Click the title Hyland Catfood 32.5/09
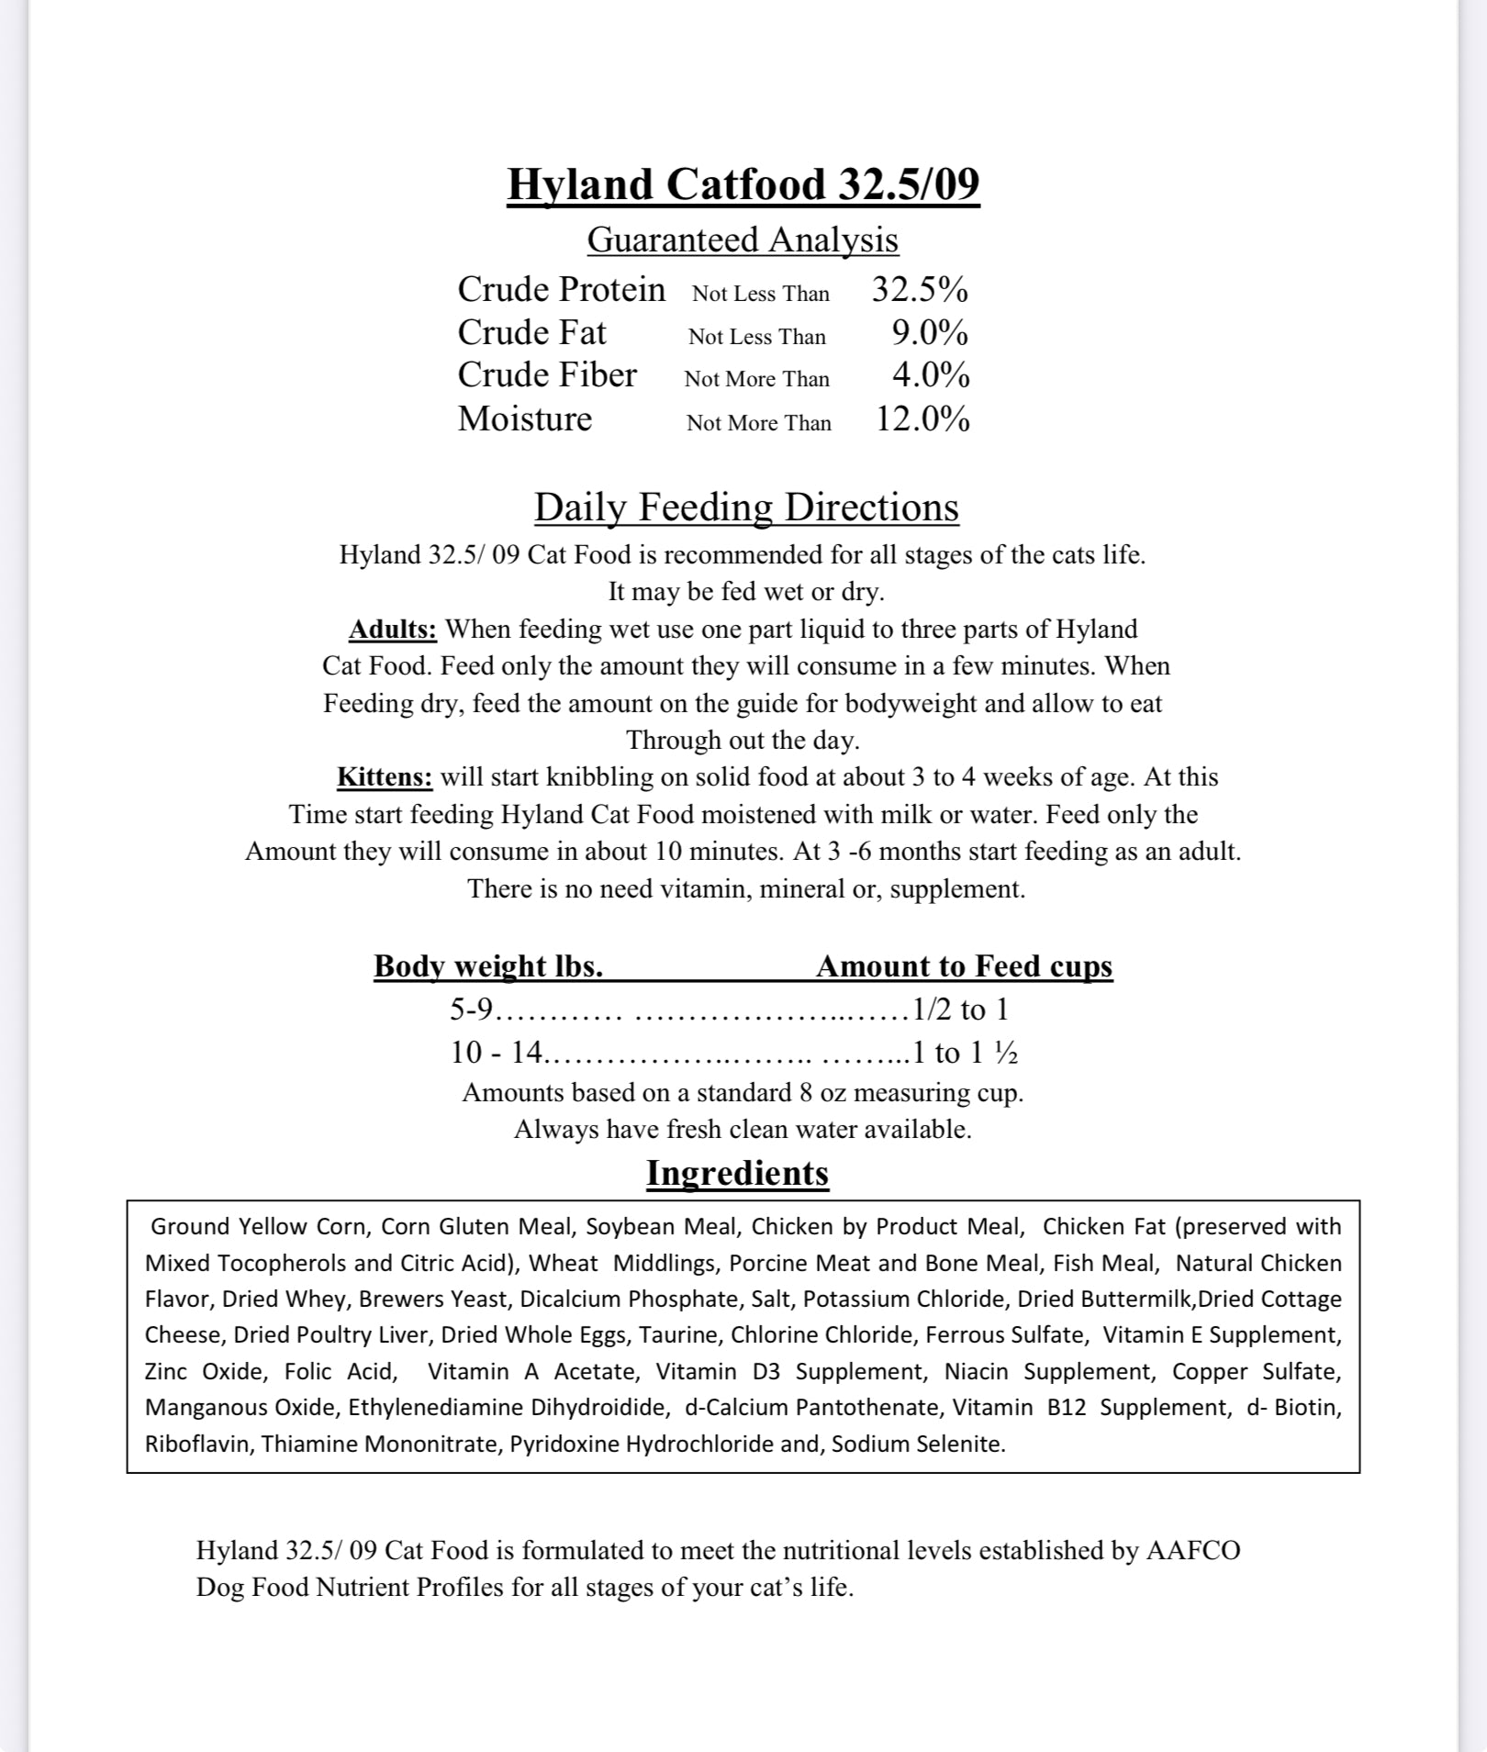[743, 184]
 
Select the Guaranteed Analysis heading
[743, 240]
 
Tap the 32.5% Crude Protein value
[920, 290]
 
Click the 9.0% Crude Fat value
[930, 333]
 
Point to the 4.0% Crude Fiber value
[930, 375]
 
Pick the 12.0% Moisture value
[922, 419]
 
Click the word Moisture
[525, 418]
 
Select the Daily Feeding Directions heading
[746, 508]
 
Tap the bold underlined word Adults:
[393, 630]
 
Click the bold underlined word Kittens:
[385, 777]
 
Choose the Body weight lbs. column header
[488, 966]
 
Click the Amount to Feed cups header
[964, 966]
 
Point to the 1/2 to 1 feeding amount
[960, 1010]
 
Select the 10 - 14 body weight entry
[497, 1053]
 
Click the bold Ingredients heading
[737, 1174]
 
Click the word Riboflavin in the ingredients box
[200, 1444]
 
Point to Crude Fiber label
[547, 375]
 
